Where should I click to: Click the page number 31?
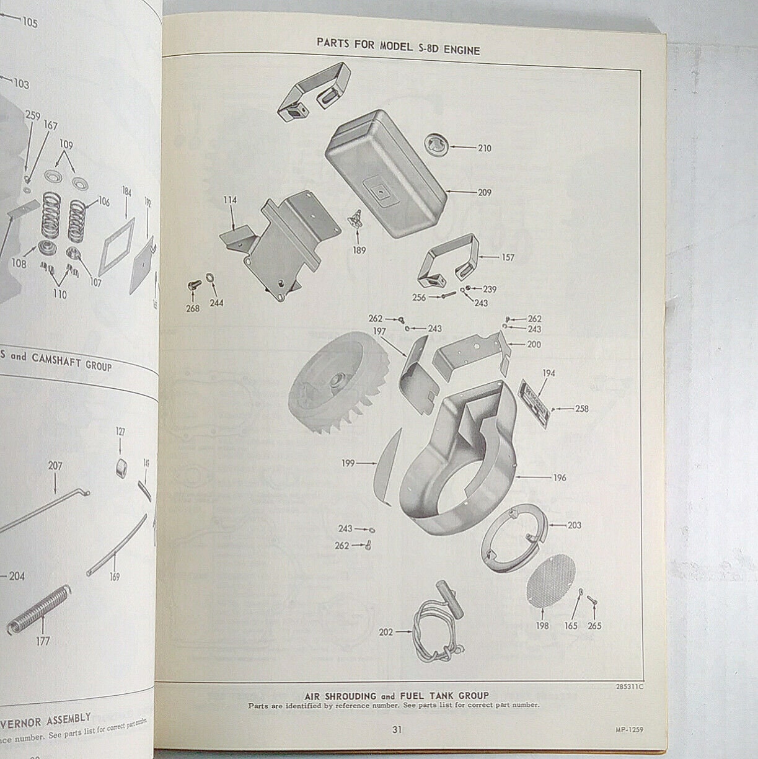point(397,729)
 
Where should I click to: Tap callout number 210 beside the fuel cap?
point(484,148)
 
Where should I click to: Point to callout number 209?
point(484,193)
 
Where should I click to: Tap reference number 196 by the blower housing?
point(559,478)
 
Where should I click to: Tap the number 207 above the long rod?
point(55,463)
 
